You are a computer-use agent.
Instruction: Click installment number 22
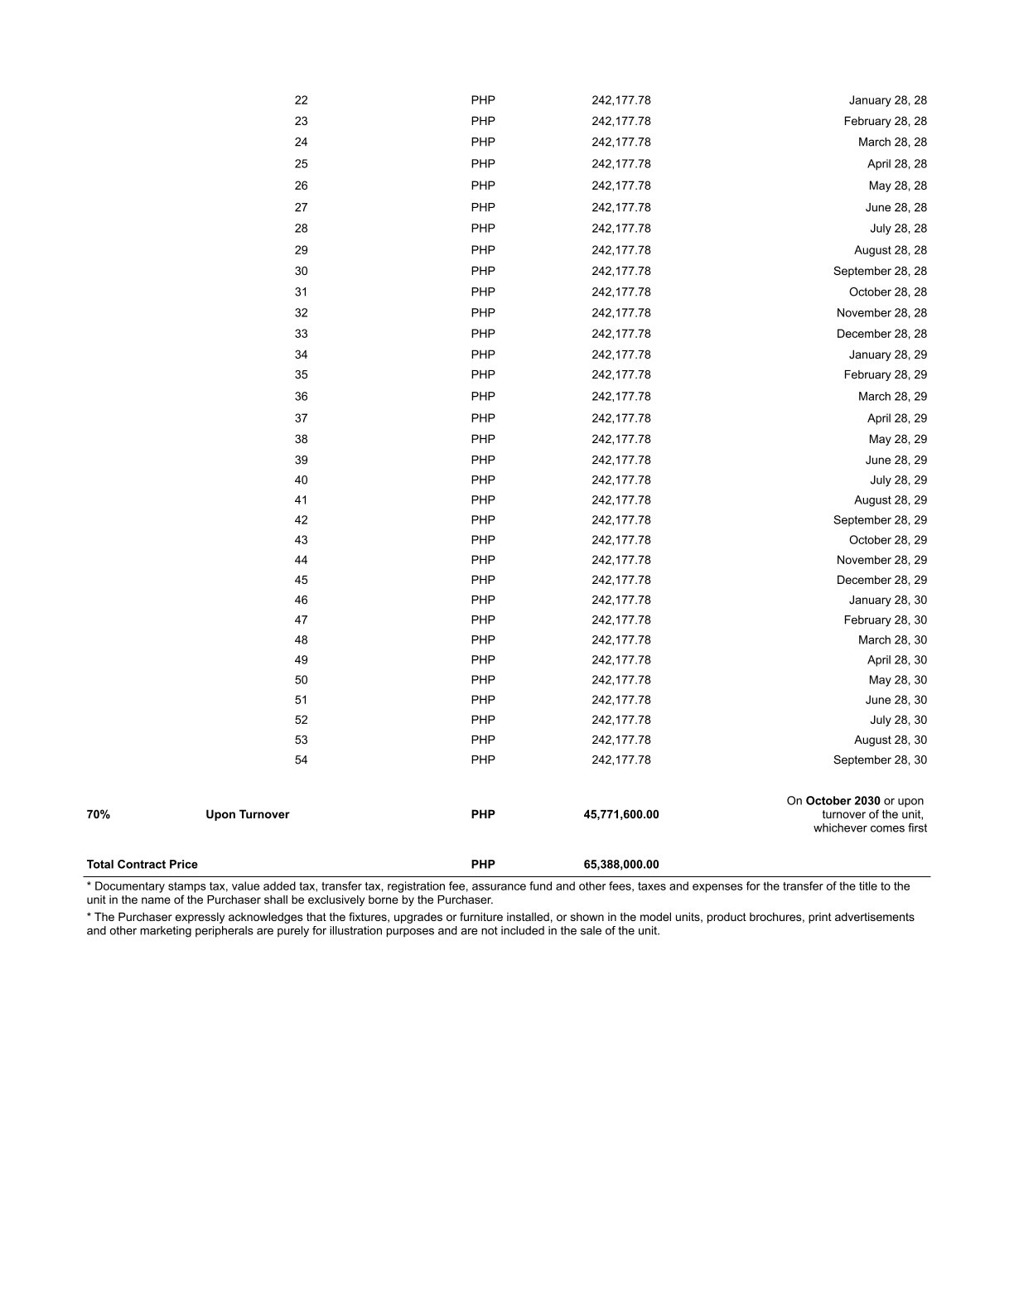pyautogui.click(x=301, y=100)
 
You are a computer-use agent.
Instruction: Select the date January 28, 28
pyautogui.click(x=887, y=100)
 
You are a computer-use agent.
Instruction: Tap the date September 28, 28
pyautogui.click(x=880, y=271)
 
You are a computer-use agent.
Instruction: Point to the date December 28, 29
pyautogui.click(x=881, y=580)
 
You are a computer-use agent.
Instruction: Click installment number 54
pyautogui.click(x=301, y=760)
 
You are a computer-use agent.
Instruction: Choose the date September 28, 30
pyautogui.click(x=880, y=760)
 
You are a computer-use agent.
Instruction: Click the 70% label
pyautogui.click(x=98, y=814)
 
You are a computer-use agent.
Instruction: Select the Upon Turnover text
pyautogui.click(x=248, y=814)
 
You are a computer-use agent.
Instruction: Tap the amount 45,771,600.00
pyautogui.click(x=621, y=814)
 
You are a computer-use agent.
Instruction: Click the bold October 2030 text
pyautogui.click(x=843, y=801)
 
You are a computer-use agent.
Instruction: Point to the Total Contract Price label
pyautogui.click(x=142, y=864)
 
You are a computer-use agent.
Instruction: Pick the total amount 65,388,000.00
pyautogui.click(x=621, y=864)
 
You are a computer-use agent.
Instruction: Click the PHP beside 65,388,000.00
pyautogui.click(x=483, y=864)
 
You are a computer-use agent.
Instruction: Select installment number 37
pyautogui.click(x=301, y=418)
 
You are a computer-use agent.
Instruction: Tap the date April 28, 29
pyautogui.click(x=897, y=418)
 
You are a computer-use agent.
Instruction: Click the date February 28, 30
pyautogui.click(x=885, y=620)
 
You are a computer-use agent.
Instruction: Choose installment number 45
pyautogui.click(x=301, y=580)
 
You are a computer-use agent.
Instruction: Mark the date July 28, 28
pyautogui.click(x=898, y=228)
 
